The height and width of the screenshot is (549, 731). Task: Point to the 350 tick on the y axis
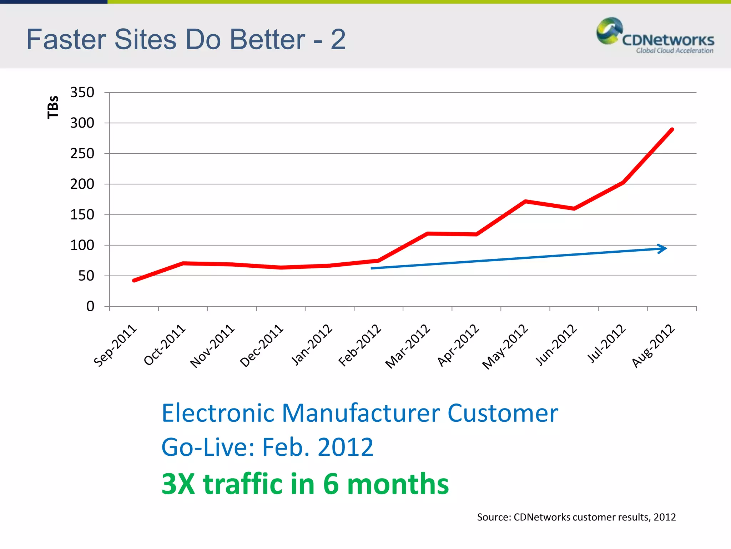82,93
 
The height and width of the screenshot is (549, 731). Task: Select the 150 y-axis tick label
82,215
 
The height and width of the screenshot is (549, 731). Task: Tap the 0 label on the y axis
90,306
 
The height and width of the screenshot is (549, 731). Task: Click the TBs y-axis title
53,107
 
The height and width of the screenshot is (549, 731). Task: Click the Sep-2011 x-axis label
115,346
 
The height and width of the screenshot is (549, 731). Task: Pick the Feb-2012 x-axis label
360,346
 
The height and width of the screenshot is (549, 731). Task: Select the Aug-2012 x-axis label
653,346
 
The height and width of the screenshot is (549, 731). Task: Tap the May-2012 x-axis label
505,346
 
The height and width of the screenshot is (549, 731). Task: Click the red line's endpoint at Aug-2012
672,129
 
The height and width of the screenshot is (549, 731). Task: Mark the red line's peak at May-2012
525,201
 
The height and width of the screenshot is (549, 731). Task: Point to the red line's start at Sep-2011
134,281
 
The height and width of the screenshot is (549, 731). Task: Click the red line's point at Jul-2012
623,182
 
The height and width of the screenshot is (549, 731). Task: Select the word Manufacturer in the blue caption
361,413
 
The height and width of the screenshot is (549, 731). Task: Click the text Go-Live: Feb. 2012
267,447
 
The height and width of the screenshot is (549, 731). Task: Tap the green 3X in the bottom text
178,484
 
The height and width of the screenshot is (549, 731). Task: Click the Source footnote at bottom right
576,517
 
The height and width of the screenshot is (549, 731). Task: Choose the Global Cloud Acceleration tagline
674,51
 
